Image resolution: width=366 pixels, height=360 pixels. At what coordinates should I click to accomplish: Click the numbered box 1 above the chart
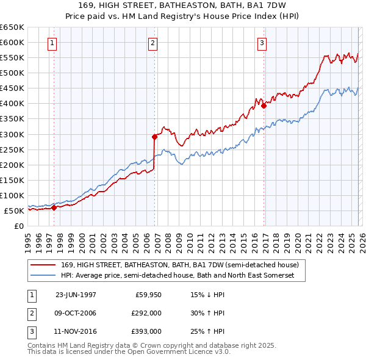(52, 43)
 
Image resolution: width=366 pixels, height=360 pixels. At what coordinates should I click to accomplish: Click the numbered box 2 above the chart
(152, 43)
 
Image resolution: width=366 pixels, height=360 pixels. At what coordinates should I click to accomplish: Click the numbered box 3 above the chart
(261, 43)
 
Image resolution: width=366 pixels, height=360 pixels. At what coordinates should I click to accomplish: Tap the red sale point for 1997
(54, 207)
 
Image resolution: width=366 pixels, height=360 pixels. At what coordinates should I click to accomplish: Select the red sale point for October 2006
(154, 137)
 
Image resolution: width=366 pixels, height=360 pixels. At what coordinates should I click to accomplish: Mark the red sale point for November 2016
(264, 106)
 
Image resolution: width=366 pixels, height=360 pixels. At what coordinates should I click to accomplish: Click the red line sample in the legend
(43, 265)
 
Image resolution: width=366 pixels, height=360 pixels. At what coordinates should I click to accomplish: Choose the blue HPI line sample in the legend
(43, 276)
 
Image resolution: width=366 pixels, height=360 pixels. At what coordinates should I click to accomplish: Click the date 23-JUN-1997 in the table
(76, 294)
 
